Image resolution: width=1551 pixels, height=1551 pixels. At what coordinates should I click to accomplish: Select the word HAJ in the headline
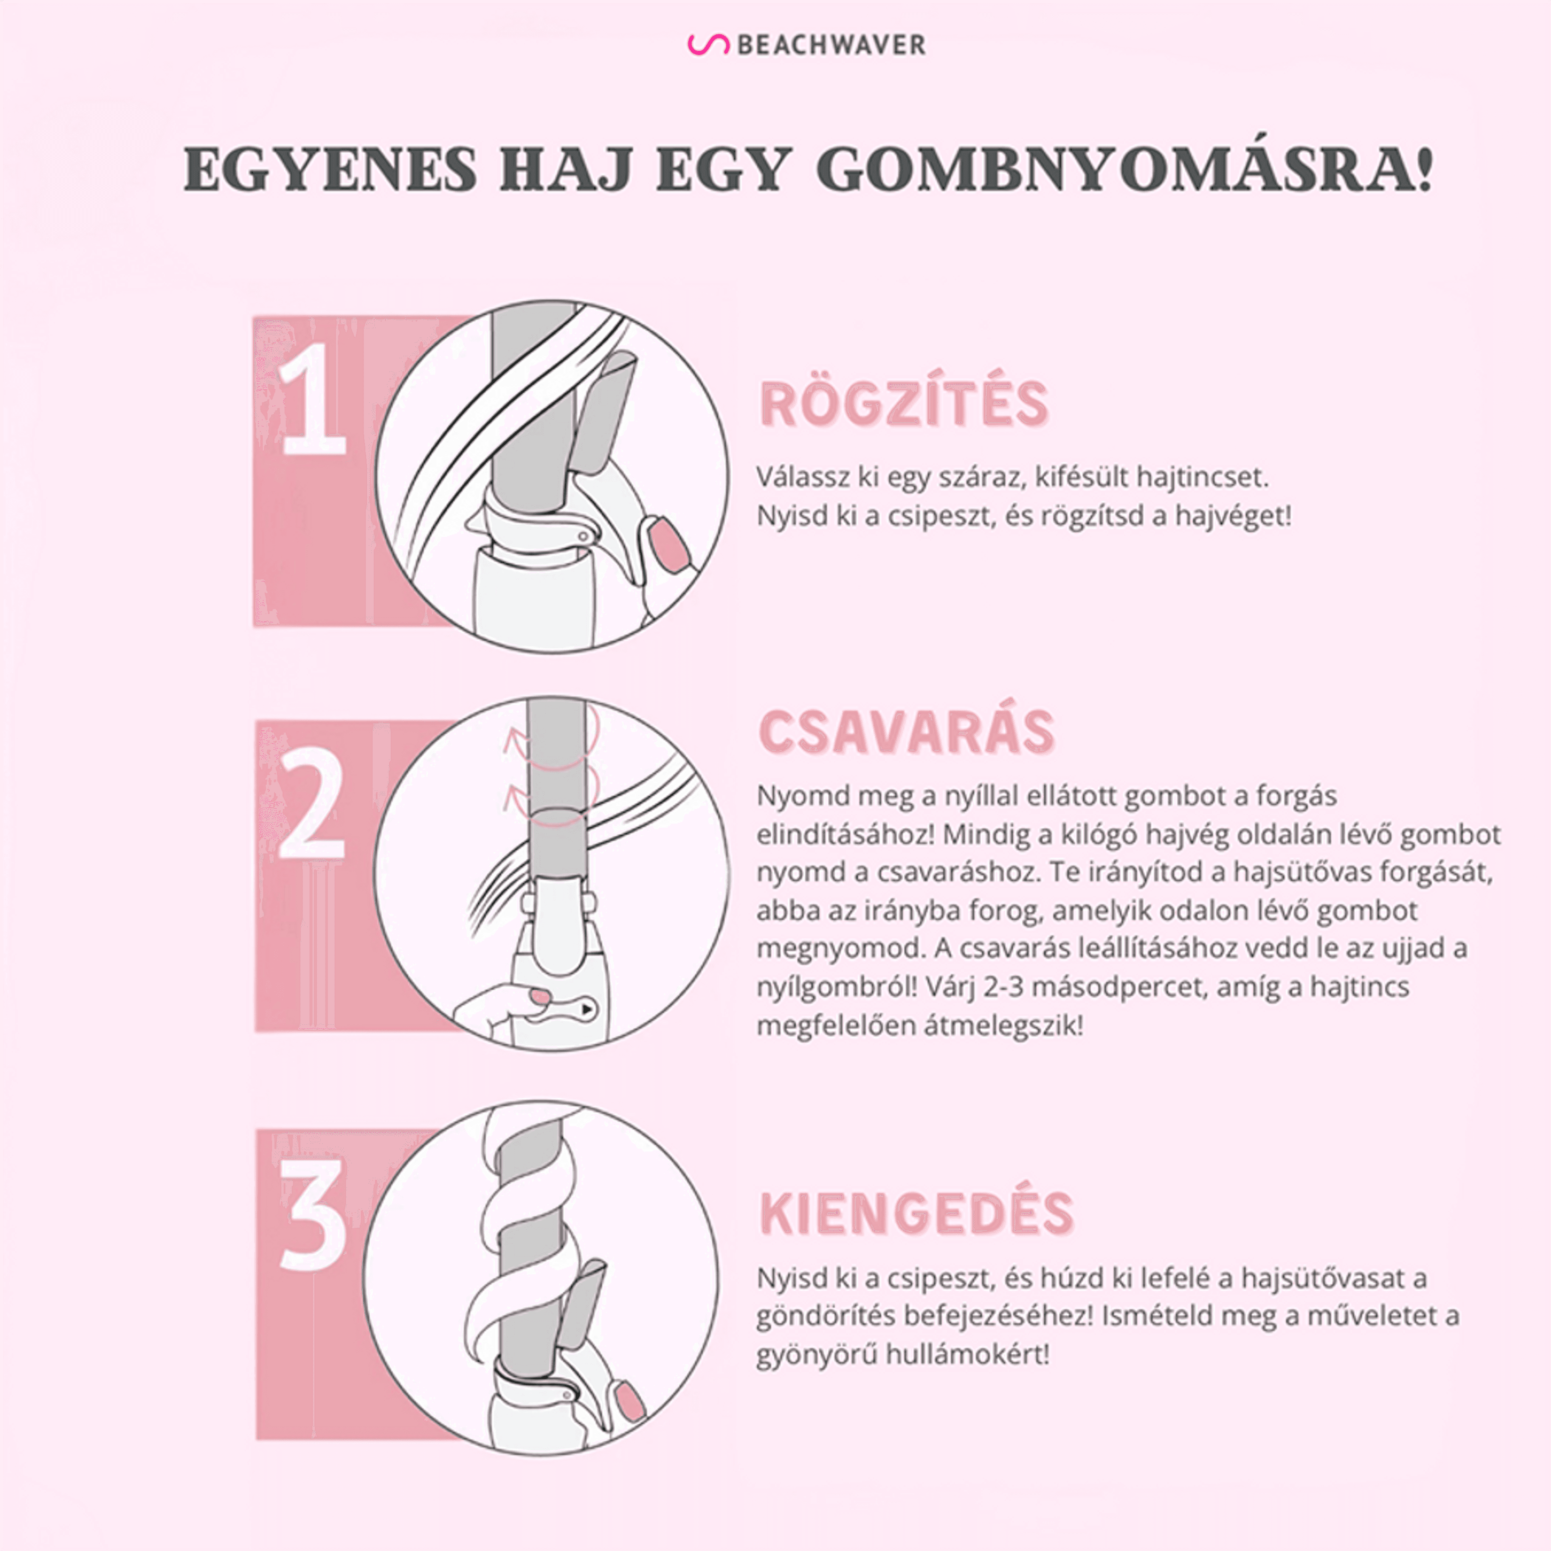coord(565,169)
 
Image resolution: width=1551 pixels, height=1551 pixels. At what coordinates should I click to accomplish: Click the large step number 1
coord(312,399)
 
